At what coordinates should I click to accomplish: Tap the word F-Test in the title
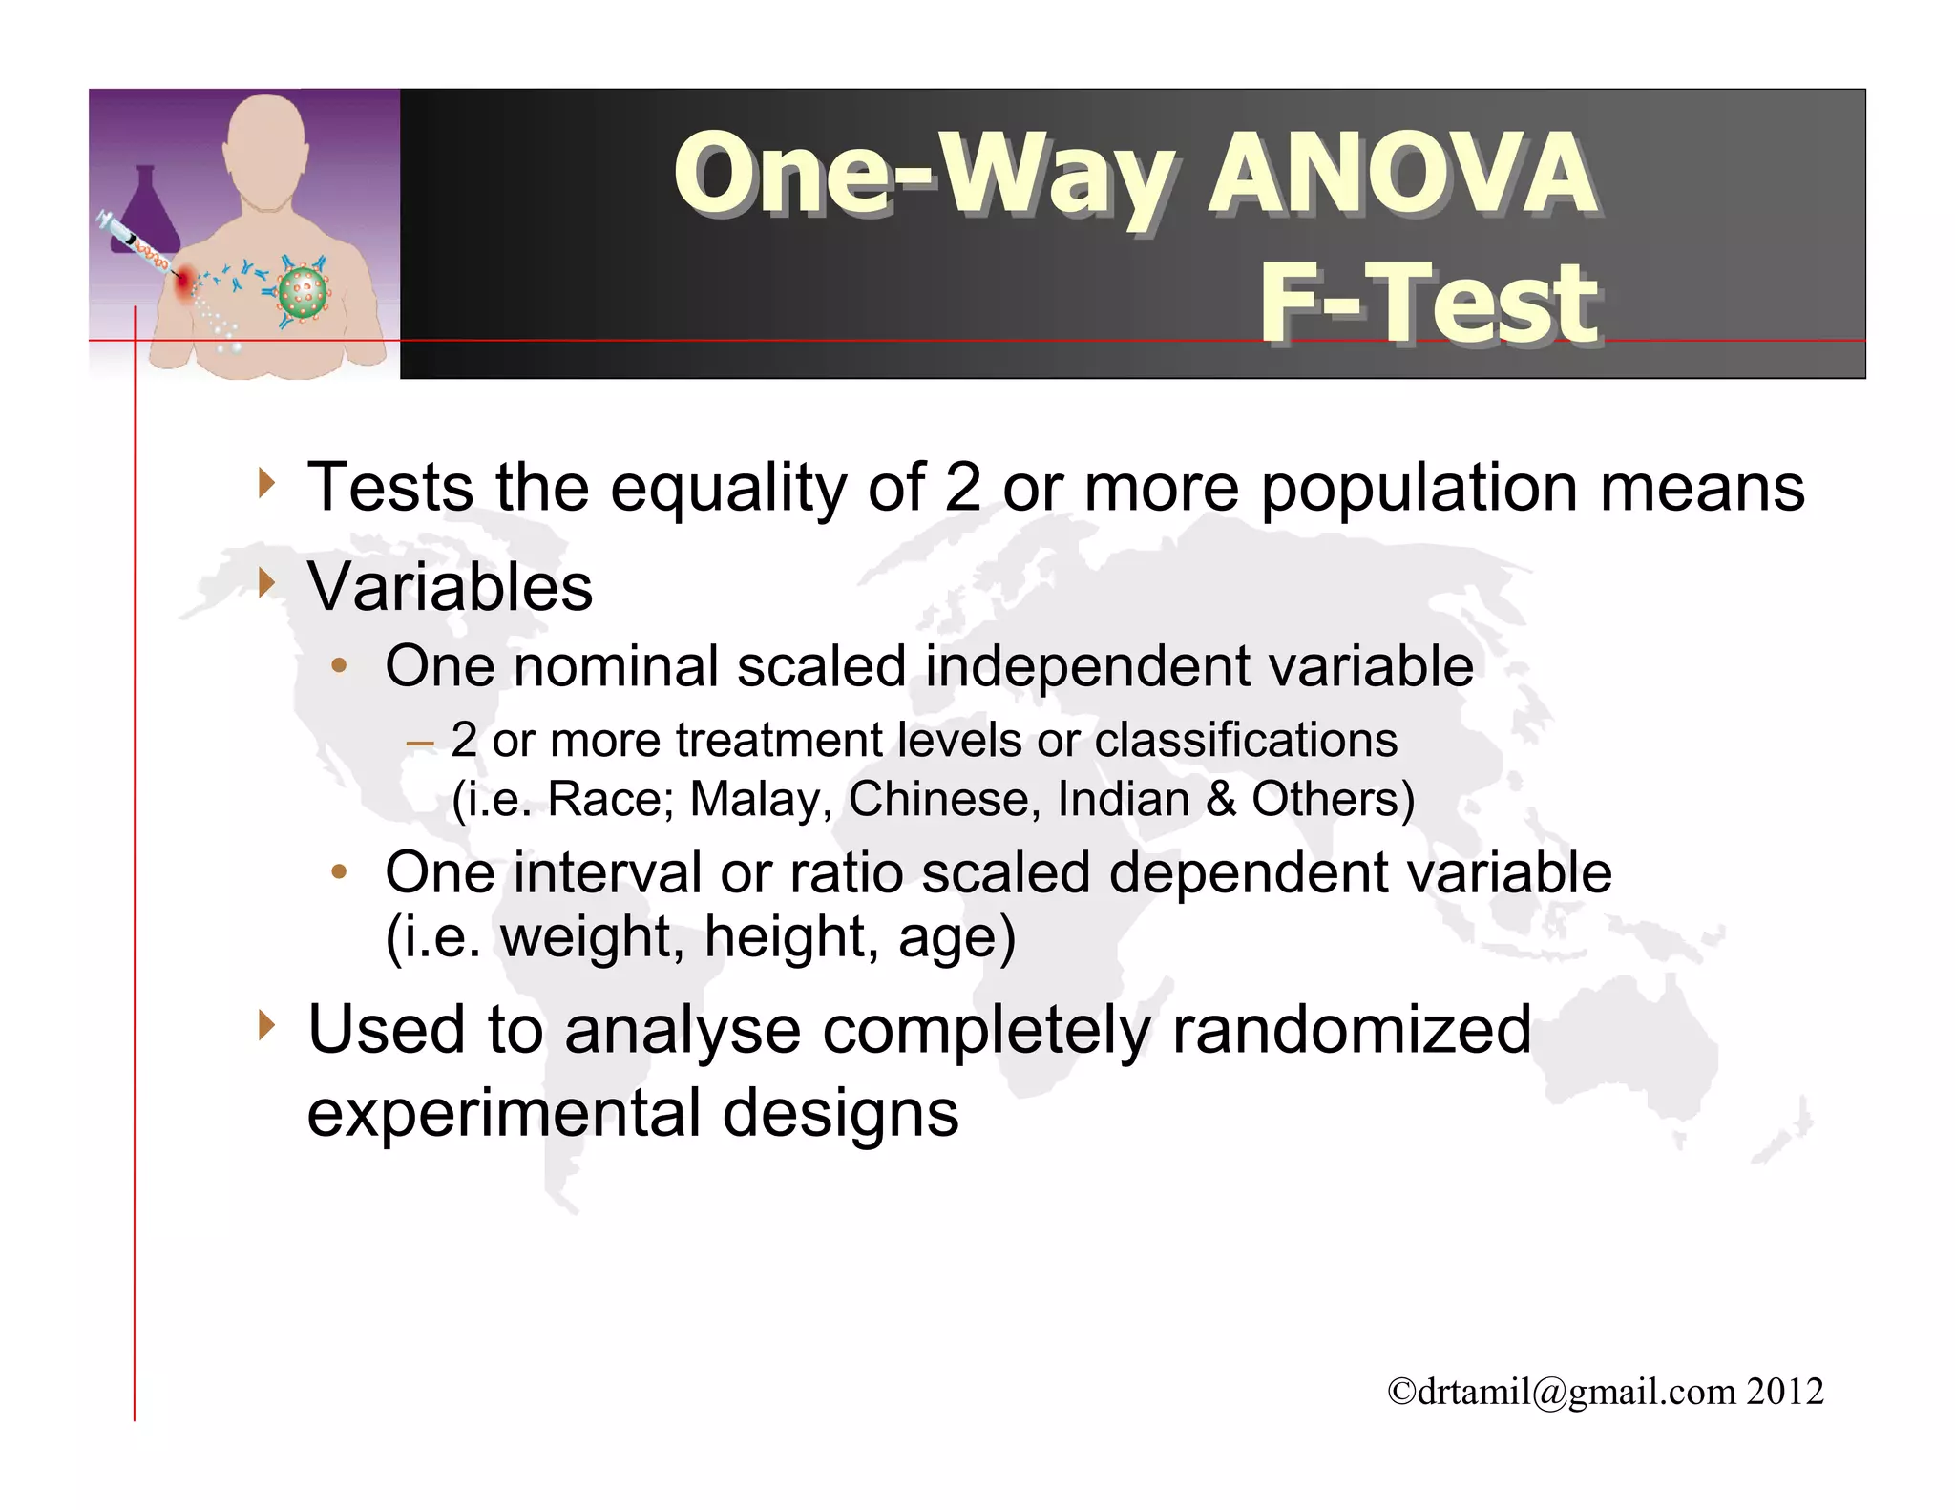tap(1428, 303)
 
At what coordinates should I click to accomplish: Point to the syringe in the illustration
tap(134, 242)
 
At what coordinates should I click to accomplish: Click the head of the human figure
tap(265, 143)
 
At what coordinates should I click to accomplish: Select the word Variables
tap(450, 586)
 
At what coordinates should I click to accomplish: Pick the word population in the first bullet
tap(1419, 487)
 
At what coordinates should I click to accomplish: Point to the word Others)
tap(1333, 799)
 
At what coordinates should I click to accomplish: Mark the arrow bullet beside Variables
tap(267, 582)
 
